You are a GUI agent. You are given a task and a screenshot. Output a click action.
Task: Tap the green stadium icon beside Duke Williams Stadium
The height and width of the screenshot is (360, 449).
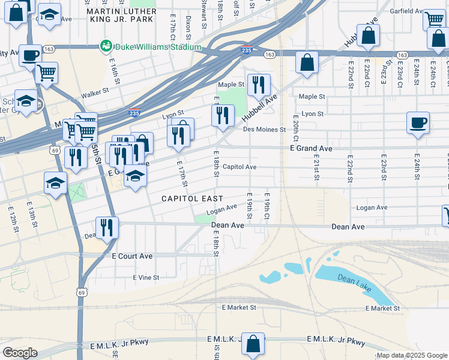pos(106,46)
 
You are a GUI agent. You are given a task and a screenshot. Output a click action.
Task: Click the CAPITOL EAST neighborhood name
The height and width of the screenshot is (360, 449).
pos(192,199)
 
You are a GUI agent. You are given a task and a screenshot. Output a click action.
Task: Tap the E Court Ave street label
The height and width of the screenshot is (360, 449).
pos(132,256)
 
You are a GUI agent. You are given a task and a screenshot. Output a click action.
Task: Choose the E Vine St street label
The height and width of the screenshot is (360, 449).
pos(146,278)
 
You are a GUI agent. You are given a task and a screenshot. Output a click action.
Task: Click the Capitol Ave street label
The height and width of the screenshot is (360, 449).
pos(240,167)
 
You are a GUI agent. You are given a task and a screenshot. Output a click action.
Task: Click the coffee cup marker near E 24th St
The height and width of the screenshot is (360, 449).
pos(418,123)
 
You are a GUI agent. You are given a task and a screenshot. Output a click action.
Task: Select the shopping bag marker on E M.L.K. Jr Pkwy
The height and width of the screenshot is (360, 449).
pos(253,344)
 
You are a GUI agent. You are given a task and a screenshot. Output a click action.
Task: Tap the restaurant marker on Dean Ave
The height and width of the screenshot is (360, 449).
pos(107,227)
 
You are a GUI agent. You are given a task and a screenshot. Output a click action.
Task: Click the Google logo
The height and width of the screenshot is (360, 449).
pos(20,352)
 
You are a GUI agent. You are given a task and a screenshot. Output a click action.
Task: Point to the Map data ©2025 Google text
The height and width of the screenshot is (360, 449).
pos(412,355)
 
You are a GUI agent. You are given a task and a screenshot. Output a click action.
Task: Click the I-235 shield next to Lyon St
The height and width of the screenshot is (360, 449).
pos(134,112)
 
